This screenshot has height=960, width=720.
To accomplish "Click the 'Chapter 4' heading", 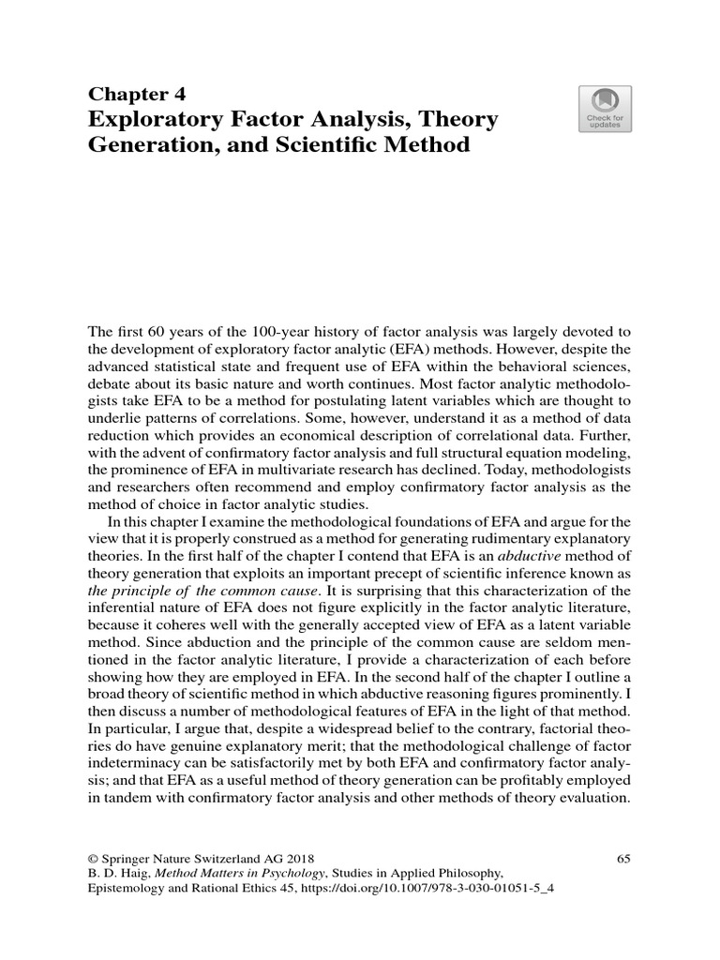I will [x=137, y=94].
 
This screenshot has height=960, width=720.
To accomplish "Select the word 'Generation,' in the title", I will [x=151, y=147].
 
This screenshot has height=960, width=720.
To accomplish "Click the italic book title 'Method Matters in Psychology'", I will [x=246, y=876].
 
